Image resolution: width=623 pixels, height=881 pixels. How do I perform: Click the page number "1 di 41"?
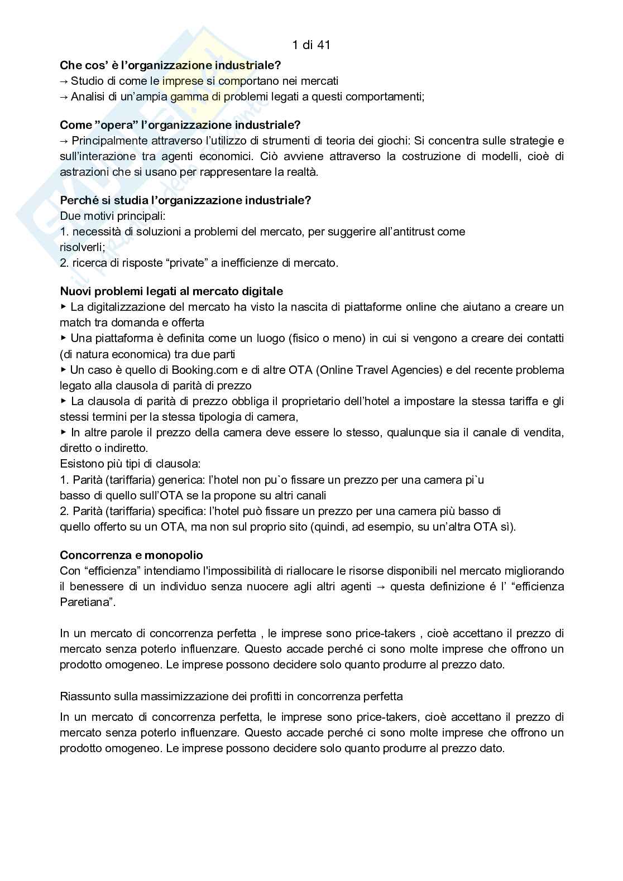[x=311, y=45]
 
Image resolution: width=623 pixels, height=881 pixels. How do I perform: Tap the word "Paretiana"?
[x=83, y=602]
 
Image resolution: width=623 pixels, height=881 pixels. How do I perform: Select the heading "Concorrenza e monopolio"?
[x=131, y=555]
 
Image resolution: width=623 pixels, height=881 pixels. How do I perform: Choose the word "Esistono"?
[x=80, y=464]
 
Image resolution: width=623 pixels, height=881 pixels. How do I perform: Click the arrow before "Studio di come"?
[x=64, y=81]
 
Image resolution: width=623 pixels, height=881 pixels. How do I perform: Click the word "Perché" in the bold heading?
[x=79, y=200]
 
